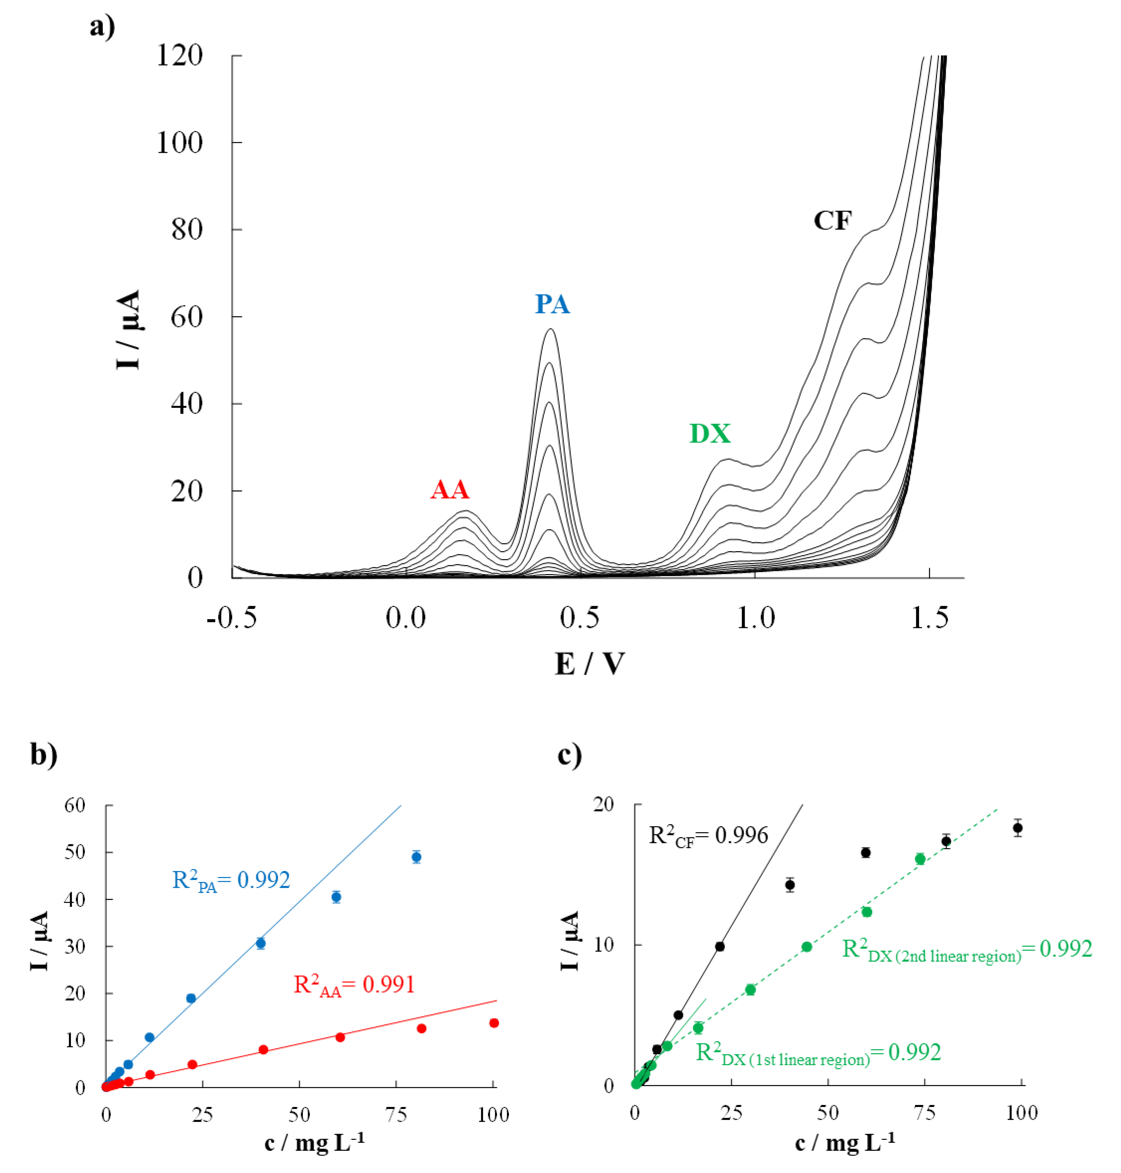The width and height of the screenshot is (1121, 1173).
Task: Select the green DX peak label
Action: (710, 434)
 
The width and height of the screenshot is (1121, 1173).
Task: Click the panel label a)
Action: (102, 27)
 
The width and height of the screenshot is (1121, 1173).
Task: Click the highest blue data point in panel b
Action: (417, 857)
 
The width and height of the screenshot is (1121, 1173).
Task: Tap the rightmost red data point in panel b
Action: (493, 1023)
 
